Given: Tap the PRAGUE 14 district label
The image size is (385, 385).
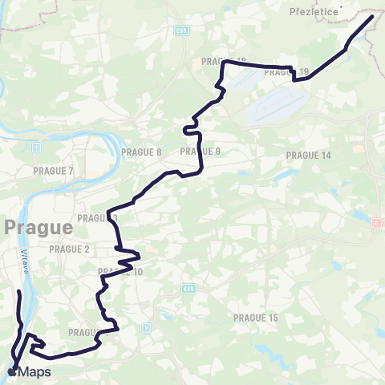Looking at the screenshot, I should click(x=309, y=155).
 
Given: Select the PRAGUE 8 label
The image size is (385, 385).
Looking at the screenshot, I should click(x=142, y=152).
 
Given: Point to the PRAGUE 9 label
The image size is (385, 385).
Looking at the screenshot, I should click(x=201, y=151).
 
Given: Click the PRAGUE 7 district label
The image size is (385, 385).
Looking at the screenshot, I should click(x=54, y=171).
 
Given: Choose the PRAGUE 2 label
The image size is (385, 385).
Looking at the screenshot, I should click(x=71, y=249).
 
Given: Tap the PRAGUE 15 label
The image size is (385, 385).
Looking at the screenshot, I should click(x=255, y=318).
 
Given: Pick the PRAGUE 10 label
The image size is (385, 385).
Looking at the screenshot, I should click(x=120, y=272).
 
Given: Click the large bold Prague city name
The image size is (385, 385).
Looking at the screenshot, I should click(x=38, y=227).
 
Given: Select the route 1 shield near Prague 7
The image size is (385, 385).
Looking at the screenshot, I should click(x=35, y=148).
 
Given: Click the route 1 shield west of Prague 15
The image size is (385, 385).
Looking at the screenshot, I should click(x=146, y=327).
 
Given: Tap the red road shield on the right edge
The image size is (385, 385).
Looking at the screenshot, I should click(x=376, y=222).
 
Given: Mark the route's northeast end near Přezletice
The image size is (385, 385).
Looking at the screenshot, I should click(x=372, y=17).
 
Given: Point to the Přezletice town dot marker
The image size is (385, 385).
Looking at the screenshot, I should click(x=341, y=7).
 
